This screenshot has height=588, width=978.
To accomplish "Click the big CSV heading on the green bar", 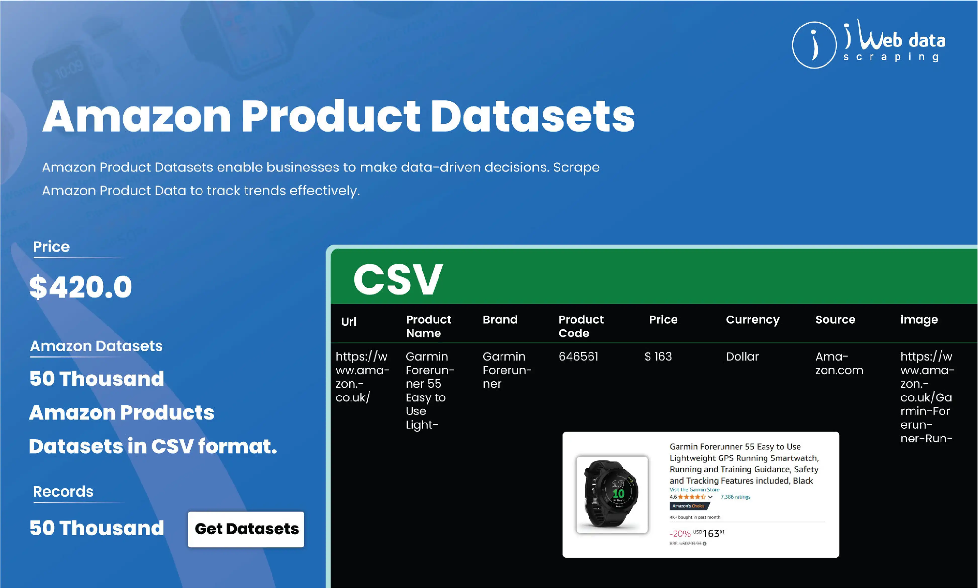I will [398, 279].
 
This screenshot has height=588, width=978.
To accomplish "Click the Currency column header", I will [752, 320].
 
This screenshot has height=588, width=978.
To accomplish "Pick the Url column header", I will [349, 322].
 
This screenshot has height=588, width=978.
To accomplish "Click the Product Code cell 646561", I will [578, 357].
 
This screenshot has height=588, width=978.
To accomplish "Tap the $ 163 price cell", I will [658, 357].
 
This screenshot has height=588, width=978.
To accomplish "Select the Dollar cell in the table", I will [742, 357].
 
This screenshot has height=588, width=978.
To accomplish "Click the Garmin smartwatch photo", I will [612, 495].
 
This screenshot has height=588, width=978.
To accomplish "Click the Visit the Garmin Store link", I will [694, 490].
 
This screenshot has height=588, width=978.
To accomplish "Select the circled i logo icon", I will [814, 45].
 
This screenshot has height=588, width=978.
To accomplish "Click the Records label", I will [63, 492].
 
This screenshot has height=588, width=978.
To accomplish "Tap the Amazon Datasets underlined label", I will [96, 346].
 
